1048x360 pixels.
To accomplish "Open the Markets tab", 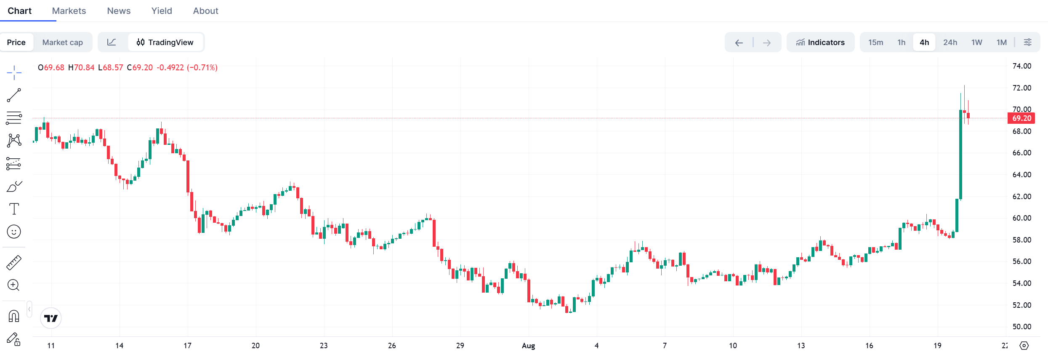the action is point(69,11).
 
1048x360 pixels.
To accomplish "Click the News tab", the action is point(119,11).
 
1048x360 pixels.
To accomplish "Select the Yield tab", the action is point(162,11).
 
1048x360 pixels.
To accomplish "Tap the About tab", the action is point(205,11).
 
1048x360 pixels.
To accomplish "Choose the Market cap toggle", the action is point(63,43).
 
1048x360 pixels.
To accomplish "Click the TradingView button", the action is point(165,43).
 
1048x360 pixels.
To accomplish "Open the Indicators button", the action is point(820,43).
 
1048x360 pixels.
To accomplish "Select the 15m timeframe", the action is point(875,43).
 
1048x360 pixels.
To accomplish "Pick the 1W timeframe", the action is point(976,43).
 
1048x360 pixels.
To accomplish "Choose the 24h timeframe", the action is point(950,43).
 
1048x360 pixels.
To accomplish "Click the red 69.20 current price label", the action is point(1021,118).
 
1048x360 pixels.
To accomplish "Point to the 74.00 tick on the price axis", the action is point(1021,66).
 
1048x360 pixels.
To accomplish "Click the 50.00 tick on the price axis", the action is point(1021,327).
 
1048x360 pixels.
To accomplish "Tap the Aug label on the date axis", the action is point(528,346).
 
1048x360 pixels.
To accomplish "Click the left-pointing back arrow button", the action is point(739,43).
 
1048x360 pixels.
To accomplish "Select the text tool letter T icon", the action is point(14,209).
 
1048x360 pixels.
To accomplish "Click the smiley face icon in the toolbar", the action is point(14,232).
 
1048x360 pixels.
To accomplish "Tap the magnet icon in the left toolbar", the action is point(14,316).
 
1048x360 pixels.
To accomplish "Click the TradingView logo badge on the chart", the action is point(51,318).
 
